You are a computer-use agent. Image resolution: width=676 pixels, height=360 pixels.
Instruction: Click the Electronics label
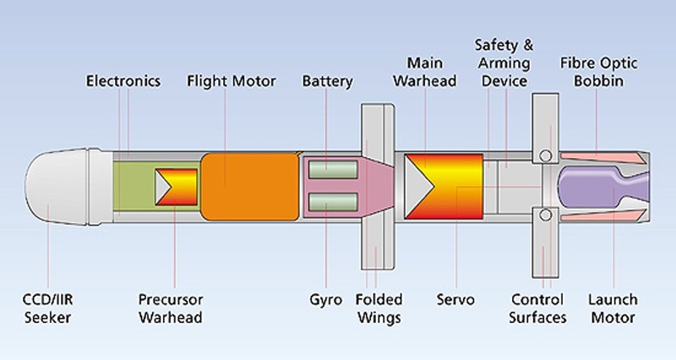123,81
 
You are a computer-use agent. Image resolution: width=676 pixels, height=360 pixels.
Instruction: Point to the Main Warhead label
431,72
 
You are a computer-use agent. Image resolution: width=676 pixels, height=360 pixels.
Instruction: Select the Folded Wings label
376,309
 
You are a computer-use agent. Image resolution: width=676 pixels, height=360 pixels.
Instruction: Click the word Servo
455,301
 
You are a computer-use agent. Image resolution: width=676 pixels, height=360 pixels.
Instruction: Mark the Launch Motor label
613,309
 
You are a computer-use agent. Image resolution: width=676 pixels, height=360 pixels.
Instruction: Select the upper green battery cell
329,170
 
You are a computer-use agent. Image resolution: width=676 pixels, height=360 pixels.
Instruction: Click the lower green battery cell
329,203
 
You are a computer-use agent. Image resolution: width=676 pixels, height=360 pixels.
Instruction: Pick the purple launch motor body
591,188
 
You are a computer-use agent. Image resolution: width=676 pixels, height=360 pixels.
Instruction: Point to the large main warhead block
444,186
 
